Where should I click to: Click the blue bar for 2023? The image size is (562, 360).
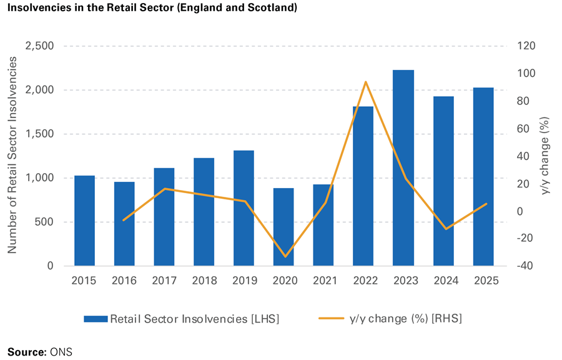[403, 169]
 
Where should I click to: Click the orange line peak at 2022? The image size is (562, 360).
[364, 82]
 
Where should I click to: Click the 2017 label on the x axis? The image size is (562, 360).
[164, 281]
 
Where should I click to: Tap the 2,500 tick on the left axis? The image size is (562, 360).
[39, 46]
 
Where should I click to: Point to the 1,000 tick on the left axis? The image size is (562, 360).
[39, 178]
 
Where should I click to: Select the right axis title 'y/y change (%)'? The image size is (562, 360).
[545, 156]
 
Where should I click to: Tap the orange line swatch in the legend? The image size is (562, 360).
[332, 319]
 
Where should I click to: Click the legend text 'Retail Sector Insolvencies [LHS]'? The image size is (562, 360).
[194, 319]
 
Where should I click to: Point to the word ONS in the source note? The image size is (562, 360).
[61, 352]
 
